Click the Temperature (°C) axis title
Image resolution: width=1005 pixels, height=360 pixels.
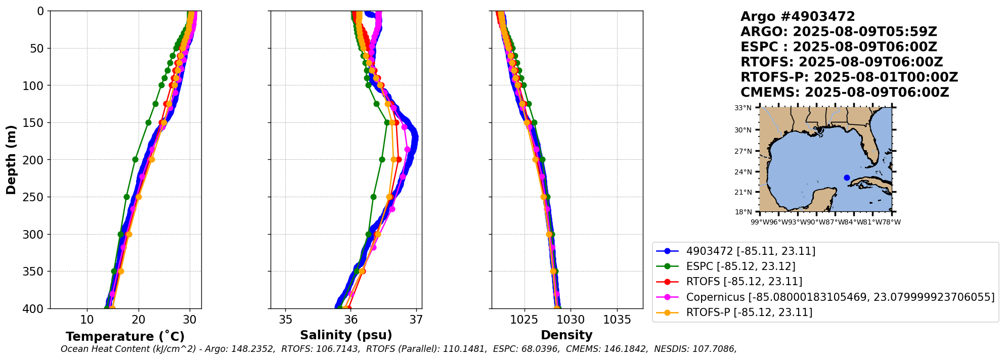click(x=125, y=336)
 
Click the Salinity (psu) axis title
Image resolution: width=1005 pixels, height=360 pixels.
click(x=346, y=335)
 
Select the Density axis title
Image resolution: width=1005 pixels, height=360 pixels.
click(x=566, y=335)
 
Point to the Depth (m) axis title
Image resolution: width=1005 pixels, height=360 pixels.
click(x=11, y=160)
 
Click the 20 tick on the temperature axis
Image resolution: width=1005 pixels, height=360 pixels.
click(x=139, y=320)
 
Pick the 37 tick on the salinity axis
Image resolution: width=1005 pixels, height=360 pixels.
click(x=416, y=320)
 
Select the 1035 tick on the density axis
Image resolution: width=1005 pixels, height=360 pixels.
click(x=617, y=320)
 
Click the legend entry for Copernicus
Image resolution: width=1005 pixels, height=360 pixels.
click(x=840, y=297)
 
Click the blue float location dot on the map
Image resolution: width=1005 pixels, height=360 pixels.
click(x=847, y=177)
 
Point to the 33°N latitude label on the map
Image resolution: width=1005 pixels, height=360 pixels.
click(x=743, y=108)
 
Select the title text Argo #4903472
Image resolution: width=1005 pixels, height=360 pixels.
click(x=798, y=17)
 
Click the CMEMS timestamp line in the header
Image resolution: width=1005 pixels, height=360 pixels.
click(x=845, y=93)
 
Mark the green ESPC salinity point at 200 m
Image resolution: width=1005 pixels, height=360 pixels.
click(x=382, y=160)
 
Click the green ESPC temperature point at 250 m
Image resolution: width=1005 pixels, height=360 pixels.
click(x=126, y=197)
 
